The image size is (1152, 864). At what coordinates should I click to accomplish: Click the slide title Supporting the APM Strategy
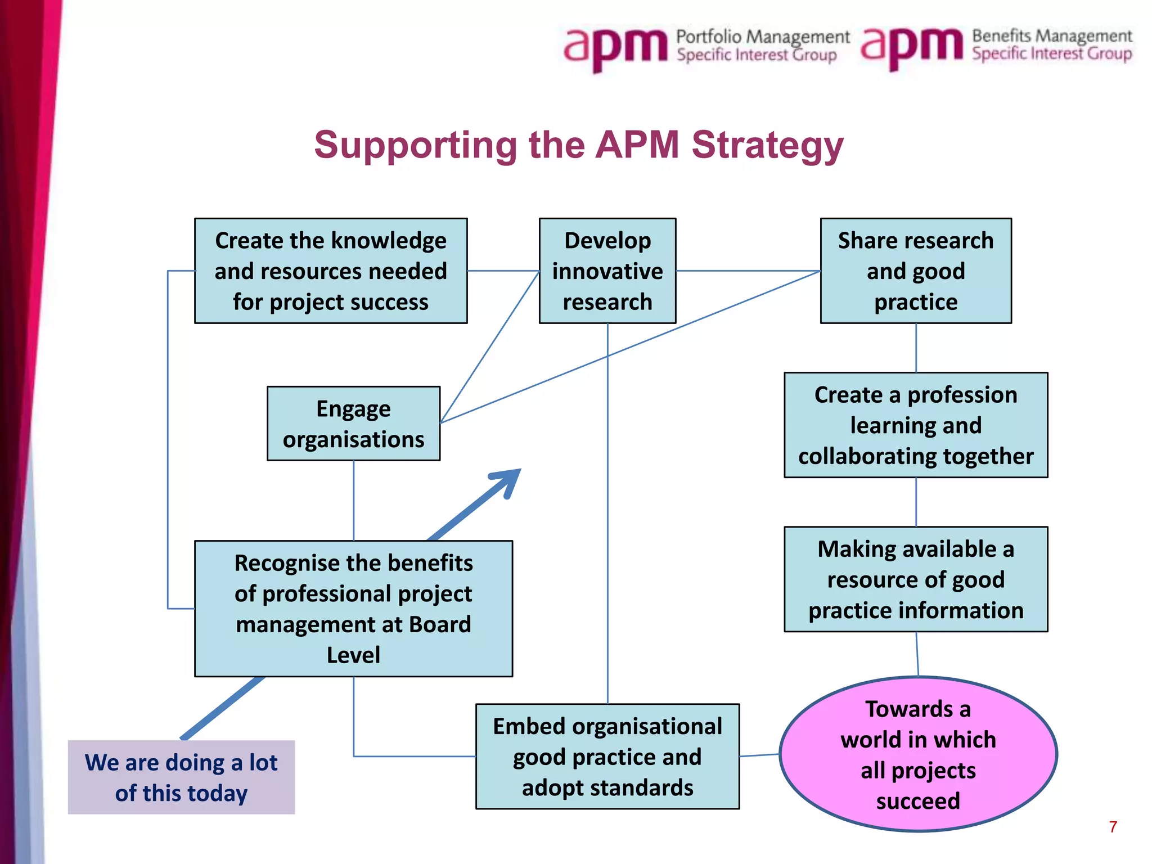click(578, 145)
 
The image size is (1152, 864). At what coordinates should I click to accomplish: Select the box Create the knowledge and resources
click(331, 271)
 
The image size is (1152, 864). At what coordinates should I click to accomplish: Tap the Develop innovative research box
click(607, 271)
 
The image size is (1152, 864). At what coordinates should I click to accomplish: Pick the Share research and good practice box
click(916, 271)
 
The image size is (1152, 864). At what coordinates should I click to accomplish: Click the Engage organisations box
click(353, 424)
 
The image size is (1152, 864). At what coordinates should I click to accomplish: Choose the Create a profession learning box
click(916, 425)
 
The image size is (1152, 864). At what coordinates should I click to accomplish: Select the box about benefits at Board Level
click(353, 608)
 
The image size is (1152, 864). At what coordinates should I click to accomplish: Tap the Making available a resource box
click(916, 579)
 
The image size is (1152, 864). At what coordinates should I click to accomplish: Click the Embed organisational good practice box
click(607, 756)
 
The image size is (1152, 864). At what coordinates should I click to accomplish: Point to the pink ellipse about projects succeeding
click(918, 754)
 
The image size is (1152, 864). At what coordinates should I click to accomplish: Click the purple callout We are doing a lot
click(181, 777)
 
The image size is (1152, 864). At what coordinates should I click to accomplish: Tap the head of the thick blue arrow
click(506, 481)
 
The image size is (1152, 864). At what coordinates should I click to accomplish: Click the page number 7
click(1113, 826)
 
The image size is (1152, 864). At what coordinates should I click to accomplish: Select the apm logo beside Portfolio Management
click(616, 48)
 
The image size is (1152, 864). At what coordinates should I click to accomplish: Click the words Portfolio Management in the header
click(763, 37)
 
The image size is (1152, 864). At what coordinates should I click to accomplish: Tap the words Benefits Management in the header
click(1052, 36)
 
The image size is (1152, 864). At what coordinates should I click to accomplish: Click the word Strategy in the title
click(767, 145)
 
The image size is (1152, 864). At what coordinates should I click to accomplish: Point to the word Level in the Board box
click(353, 655)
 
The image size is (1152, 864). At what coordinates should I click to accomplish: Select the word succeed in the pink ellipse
click(918, 800)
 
